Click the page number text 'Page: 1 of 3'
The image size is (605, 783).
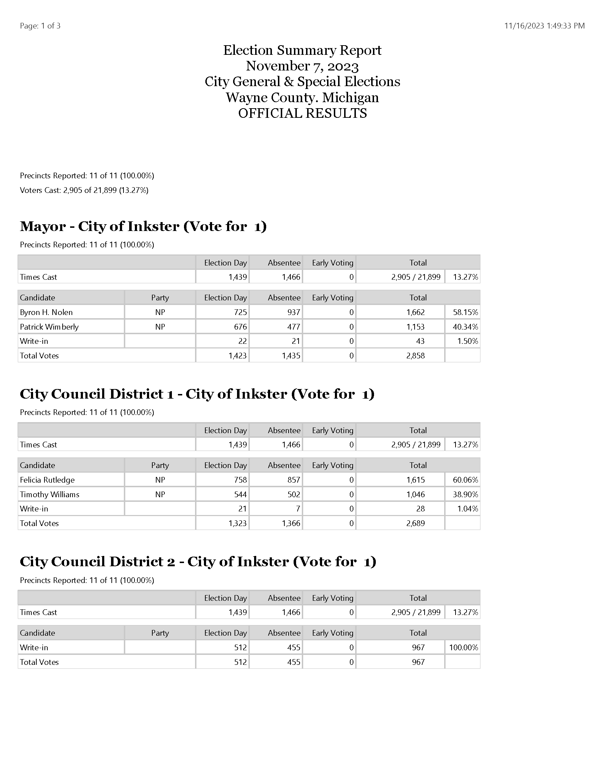[x=40, y=26]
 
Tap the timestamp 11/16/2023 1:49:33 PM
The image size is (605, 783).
[x=544, y=26]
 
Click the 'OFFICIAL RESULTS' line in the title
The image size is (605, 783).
[x=302, y=113]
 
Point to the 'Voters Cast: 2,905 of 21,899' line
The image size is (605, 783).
[x=84, y=190]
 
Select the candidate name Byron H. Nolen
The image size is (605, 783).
[x=46, y=312]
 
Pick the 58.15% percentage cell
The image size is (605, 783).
[x=465, y=312]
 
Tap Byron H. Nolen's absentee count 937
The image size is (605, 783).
[x=293, y=312]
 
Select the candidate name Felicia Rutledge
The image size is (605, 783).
[x=47, y=480]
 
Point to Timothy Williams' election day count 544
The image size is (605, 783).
[x=240, y=494]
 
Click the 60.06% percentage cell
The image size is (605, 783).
[x=465, y=480]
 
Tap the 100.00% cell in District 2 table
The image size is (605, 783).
[x=463, y=647]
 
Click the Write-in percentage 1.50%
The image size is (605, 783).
[x=467, y=341]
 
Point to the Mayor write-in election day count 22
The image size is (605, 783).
[x=242, y=341]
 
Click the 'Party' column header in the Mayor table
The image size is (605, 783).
[x=160, y=298]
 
